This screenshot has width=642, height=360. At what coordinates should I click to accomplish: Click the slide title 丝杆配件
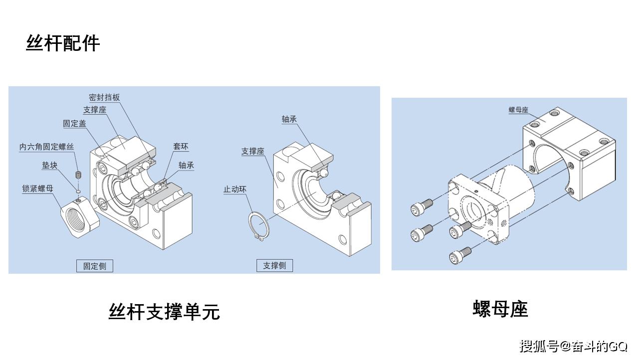tap(63, 43)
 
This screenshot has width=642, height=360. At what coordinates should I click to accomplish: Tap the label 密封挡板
tap(104, 97)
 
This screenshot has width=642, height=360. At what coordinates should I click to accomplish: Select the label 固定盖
tap(74, 124)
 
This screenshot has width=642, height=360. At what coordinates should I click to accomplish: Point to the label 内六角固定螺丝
tap(47, 147)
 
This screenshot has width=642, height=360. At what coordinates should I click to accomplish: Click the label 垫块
tap(50, 165)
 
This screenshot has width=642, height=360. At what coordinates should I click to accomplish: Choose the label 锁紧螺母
tap(38, 188)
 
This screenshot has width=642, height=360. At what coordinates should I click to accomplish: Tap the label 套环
tap(181, 147)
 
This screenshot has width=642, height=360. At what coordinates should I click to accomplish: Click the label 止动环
tap(235, 189)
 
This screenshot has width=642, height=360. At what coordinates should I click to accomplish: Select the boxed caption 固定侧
tap(95, 266)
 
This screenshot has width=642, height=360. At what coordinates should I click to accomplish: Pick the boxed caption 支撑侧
tap(274, 265)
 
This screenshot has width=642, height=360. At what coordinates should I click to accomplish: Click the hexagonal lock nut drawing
tap(80, 216)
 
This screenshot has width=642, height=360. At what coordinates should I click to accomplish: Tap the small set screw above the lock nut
tap(78, 175)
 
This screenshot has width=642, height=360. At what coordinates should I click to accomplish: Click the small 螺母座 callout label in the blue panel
tap(518, 110)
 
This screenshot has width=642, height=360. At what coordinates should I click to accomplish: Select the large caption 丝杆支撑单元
tap(164, 312)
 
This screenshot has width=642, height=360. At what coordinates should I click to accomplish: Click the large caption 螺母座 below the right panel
tap(500, 309)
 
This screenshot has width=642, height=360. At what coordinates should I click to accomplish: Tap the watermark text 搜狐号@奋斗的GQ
tap(574, 346)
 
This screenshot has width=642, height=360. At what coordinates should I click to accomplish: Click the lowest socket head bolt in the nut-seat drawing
tap(460, 255)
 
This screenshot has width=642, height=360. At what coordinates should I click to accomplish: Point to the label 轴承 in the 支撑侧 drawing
tap(289, 119)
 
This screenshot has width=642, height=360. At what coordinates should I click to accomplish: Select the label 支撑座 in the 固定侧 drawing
tap(95, 110)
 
